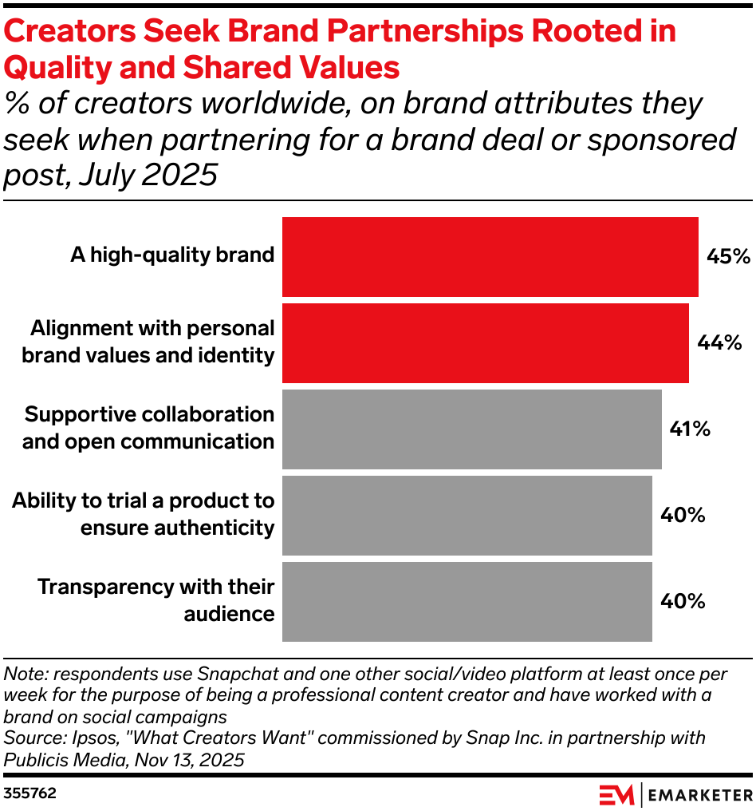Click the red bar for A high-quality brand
490,256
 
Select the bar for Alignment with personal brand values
485,342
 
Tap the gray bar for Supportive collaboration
471,429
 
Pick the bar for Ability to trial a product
467,515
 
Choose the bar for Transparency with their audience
467,601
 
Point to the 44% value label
719,342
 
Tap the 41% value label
690,429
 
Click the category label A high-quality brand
172,255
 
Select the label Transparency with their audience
156,600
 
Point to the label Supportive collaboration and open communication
148,428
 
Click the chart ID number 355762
30,794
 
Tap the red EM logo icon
616,795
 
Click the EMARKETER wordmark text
699,795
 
